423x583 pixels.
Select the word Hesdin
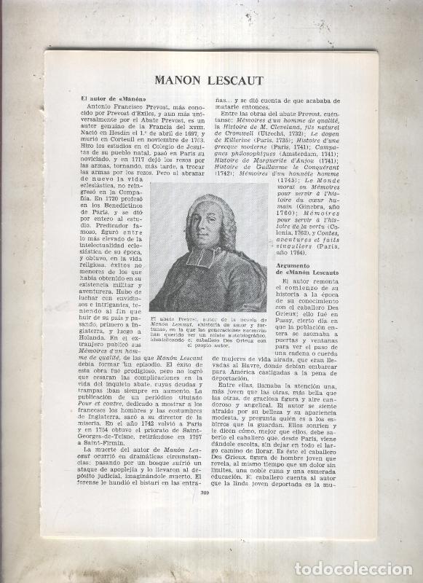click(116, 135)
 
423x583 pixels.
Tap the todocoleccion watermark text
click(357, 568)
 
